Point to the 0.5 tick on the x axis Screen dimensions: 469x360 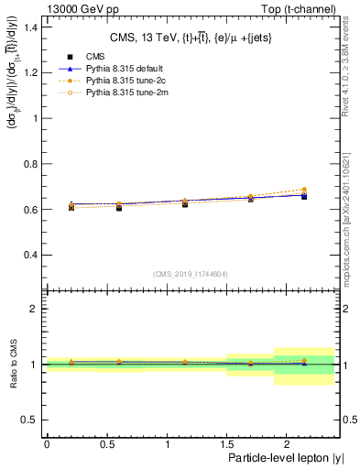(x=106, y=442)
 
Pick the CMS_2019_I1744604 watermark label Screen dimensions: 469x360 (x=191, y=273)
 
